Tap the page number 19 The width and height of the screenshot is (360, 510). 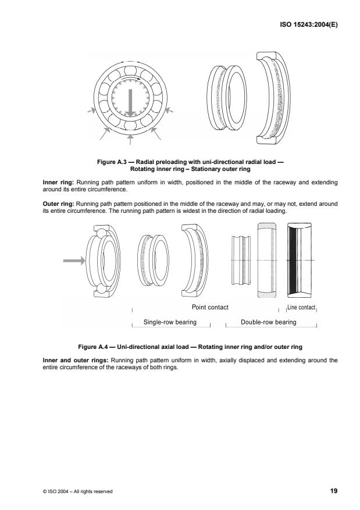point(334,491)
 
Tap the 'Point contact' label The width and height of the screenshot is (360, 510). point(209,306)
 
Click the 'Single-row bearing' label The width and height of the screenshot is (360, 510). point(169,322)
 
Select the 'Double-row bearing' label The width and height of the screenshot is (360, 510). point(269,322)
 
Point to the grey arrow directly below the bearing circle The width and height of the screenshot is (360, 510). point(131,139)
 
